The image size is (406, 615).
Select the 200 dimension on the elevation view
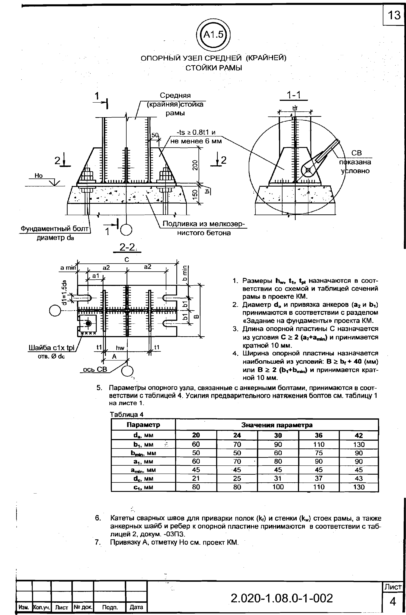point(195,165)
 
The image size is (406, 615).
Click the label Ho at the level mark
point(39,176)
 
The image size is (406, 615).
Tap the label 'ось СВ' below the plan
point(95,370)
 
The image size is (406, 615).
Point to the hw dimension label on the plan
point(120,348)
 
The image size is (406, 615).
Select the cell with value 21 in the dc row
point(196,478)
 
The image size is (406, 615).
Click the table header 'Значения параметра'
point(277,425)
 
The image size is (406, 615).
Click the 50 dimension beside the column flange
point(155,135)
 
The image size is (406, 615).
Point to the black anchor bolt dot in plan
point(88,323)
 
